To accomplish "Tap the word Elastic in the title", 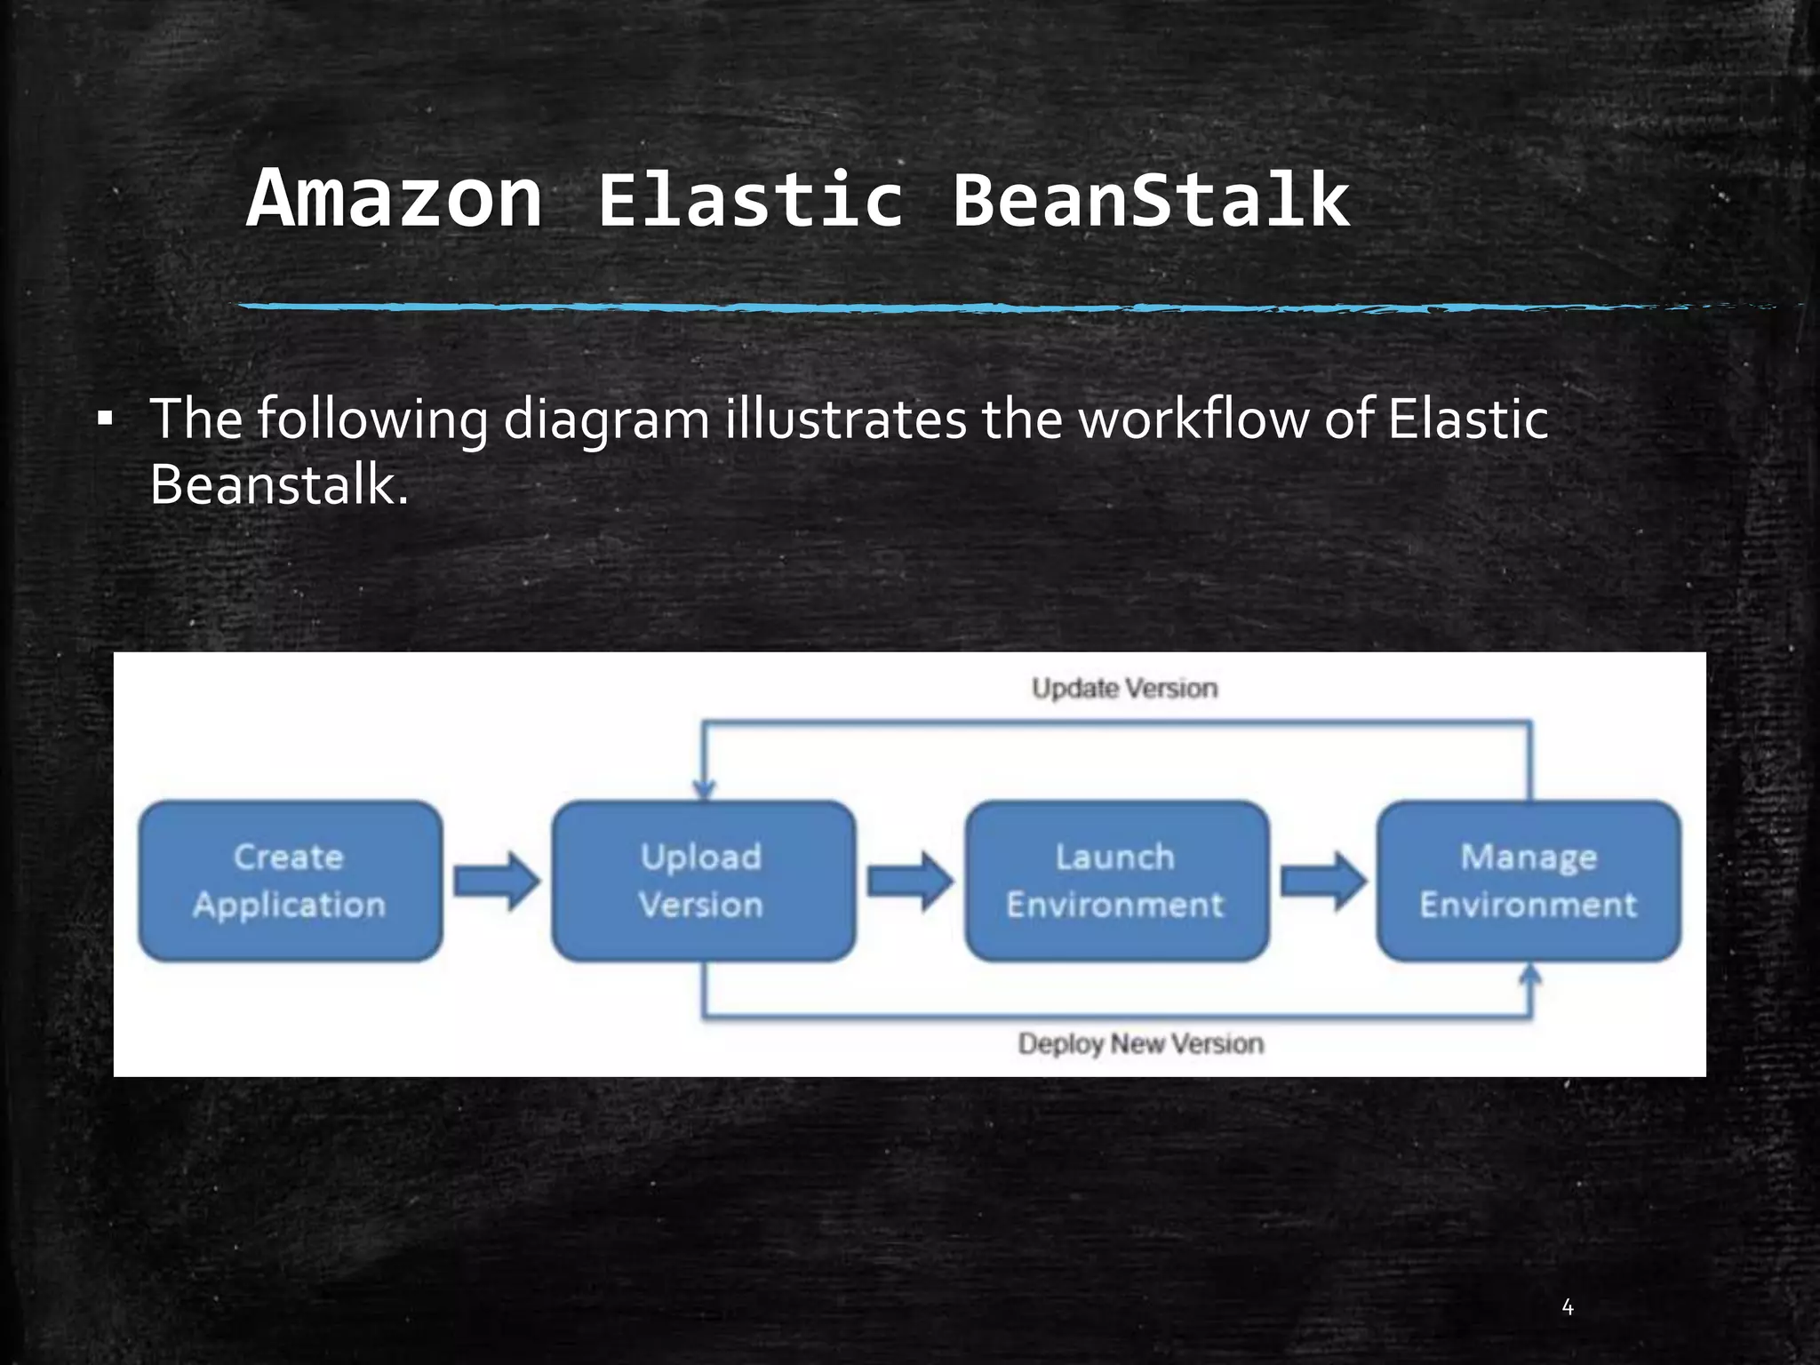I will [x=751, y=200].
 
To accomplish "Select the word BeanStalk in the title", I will [x=1151, y=200].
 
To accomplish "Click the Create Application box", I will [x=290, y=881].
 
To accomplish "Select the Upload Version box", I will [x=702, y=881].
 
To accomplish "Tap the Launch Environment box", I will [x=1115, y=881].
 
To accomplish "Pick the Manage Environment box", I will [x=1528, y=881].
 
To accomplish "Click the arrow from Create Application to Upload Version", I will [x=496, y=881].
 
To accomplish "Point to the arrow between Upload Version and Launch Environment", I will [x=909, y=881].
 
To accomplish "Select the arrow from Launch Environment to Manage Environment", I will [x=1322, y=881].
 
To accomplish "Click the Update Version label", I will [x=1124, y=688].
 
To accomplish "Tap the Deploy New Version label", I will [x=1140, y=1043].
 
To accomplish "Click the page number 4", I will [x=1568, y=1307].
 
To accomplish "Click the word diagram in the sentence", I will [x=606, y=419].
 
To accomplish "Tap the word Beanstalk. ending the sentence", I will [x=279, y=486].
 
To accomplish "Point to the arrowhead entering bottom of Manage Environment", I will [x=1529, y=975].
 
